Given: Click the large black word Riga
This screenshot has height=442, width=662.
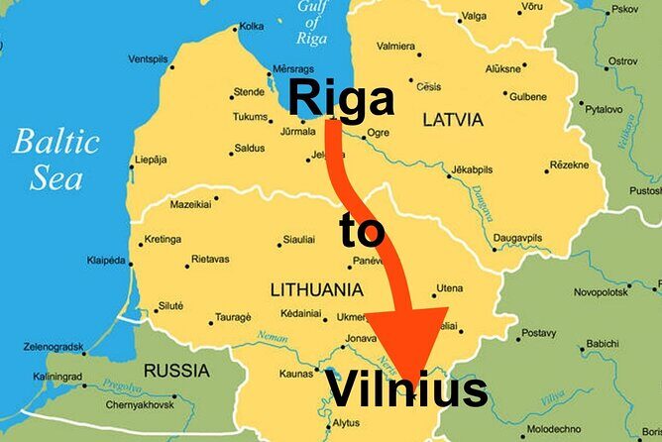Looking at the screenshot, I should click(341, 100).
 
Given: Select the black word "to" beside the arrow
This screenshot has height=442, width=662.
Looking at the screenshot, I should click(361, 231).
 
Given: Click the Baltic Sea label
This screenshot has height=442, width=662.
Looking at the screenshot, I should click(55, 159).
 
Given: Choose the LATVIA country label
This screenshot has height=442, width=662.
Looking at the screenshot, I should click(453, 120).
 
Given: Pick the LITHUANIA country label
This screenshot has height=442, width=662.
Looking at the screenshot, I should click(316, 290).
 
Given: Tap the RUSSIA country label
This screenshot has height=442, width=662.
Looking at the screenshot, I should click(176, 371).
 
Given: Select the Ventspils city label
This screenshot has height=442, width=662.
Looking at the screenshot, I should click(148, 59).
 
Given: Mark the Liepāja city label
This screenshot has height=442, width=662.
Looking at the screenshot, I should click(150, 159).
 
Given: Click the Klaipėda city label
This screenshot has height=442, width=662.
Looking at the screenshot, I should click(107, 261).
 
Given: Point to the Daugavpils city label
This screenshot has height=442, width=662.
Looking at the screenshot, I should click(517, 239).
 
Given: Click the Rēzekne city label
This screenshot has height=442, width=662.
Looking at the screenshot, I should click(569, 165).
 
